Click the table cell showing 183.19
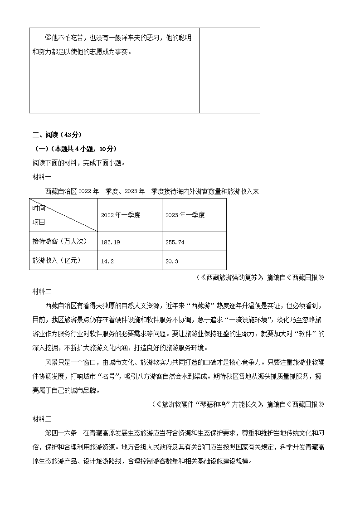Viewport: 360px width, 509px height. (x=111, y=242)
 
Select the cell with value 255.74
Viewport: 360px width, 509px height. (x=175, y=242)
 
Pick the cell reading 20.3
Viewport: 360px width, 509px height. (x=172, y=261)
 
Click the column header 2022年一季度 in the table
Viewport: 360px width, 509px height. (x=121, y=215)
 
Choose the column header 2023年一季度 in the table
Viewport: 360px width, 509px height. (x=185, y=215)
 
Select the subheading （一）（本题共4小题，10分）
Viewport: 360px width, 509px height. (x=69, y=149)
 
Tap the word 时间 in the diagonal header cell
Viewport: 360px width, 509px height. (x=39, y=208)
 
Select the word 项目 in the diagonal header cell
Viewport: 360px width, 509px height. (x=39, y=222)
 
